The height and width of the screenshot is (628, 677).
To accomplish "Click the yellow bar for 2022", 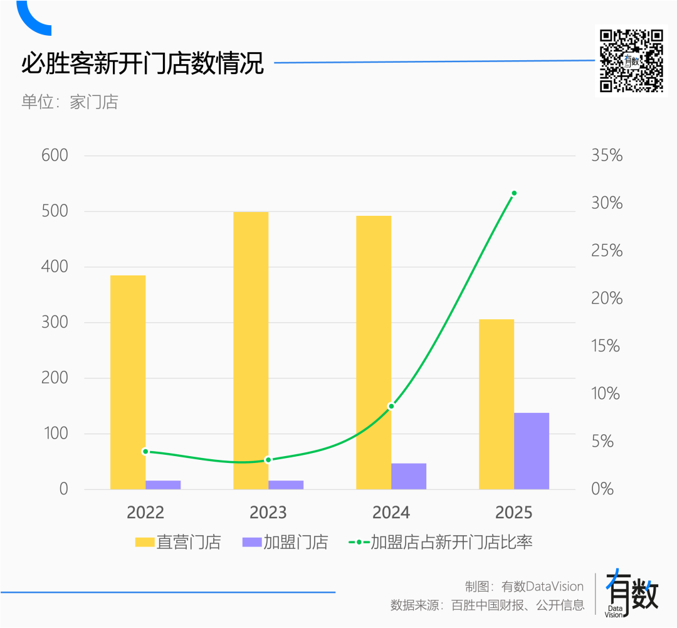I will pyautogui.click(x=128, y=382).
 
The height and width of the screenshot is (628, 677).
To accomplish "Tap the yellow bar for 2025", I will pyautogui.click(x=496, y=404).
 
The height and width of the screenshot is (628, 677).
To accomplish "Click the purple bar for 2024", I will pyautogui.click(x=409, y=476).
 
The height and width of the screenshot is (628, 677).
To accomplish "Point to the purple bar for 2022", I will pyautogui.click(x=163, y=484).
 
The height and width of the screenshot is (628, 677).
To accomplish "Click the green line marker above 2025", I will pyautogui.click(x=514, y=193).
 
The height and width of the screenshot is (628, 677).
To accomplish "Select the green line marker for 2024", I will pyautogui.click(x=391, y=407).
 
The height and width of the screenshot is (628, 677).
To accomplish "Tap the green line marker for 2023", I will pyautogui.click(x=268, y=460).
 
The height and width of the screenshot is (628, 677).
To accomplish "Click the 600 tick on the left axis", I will pyautogui.click(x=55, y=156).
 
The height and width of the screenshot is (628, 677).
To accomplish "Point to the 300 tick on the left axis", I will pyautogui.click(x=55, y=322).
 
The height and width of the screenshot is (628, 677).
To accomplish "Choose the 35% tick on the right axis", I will pyautogui.click(x=607, y=156).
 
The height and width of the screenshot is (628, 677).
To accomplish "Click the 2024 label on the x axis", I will pyautogui.click(x=391, y=513).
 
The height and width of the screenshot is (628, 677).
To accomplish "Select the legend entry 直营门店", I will pyautogui.click(x=179, y=542).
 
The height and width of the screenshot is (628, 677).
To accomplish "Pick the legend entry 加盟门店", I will pyautogui.click(x=285, y=542).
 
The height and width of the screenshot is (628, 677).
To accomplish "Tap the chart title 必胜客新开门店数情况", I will pyautogui.click(x=143, y=63).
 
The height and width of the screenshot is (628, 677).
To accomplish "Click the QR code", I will pyautogui.click(x=631, y=61).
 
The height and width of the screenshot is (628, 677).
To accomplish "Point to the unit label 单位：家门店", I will pyautogui.click(x=70, y=102).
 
